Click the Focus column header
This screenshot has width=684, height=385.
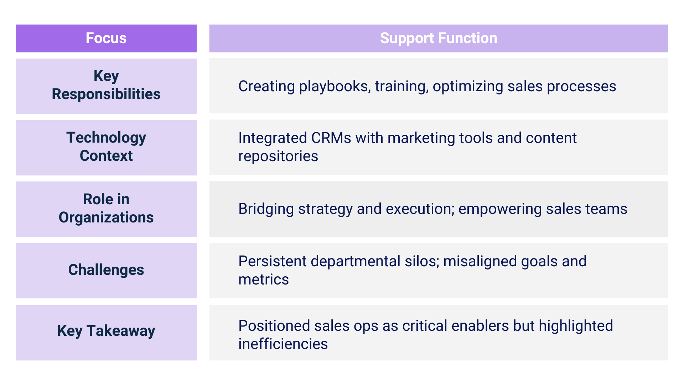pyautogui.click(x=106, y=38)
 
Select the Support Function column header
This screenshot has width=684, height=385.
pyautogui.click(x=439, y=38)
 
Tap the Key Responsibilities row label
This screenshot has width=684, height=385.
pyautogui.click(x=106, y=85)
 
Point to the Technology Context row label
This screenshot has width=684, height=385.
pyautogui.click(x=106, y=147)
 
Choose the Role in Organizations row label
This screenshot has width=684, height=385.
pyautogui.click(x=106, y=208)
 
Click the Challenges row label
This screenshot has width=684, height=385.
pyautogui.click(x=106, y=270)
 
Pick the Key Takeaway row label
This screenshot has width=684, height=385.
pyautogui.click(x=106, y=331)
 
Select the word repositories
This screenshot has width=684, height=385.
pyautogui.click(x=278, y=156)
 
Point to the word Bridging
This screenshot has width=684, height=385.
pyautogui.click(x=266, y=209)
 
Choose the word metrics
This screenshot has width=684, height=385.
pyautogui.click(x=264, y=279)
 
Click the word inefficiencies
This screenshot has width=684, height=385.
pyautogui.click(x=283, y=344)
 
